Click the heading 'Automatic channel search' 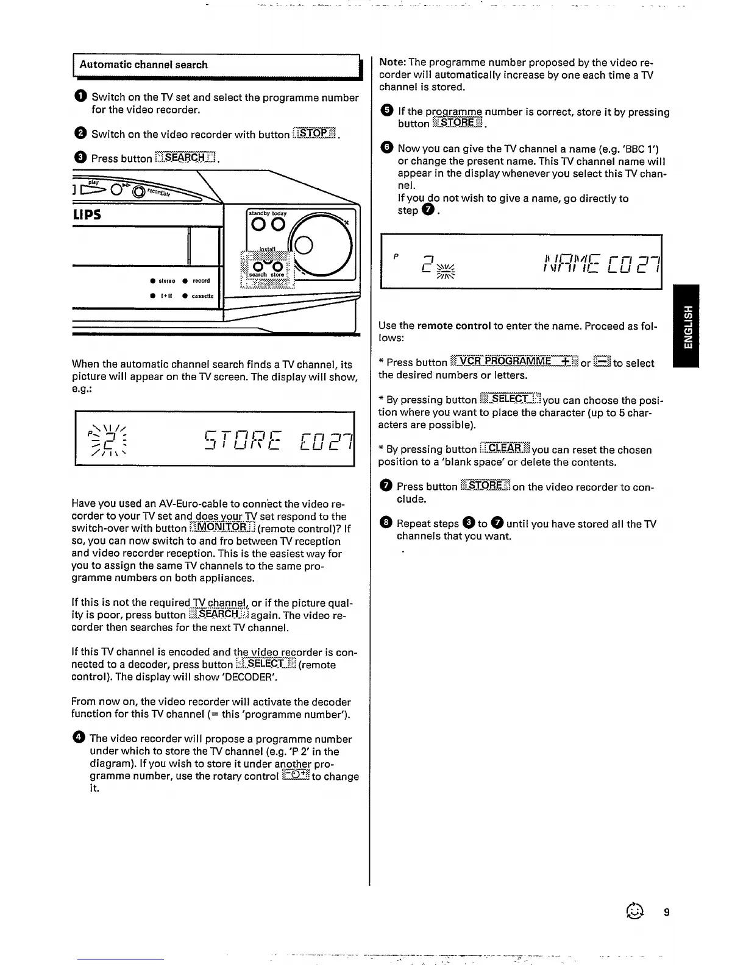pyautogui.click(x=143, y=65)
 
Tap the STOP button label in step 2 pyautogui.click(x=314, y=134)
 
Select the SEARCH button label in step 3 pyautogui.click(x=185, y=158)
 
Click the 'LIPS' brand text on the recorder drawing pyautogui.click(x=87, y=214)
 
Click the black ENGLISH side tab pyautogui.click(x=687, y=326)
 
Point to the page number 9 pyautogui.click(x=667, y=912)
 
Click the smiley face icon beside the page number pyautogui.click(x=636, y=911)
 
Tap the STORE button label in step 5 pyautogui.click(x=457, y=124)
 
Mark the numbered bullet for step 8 pyautogui.click(x=386, y=524)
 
